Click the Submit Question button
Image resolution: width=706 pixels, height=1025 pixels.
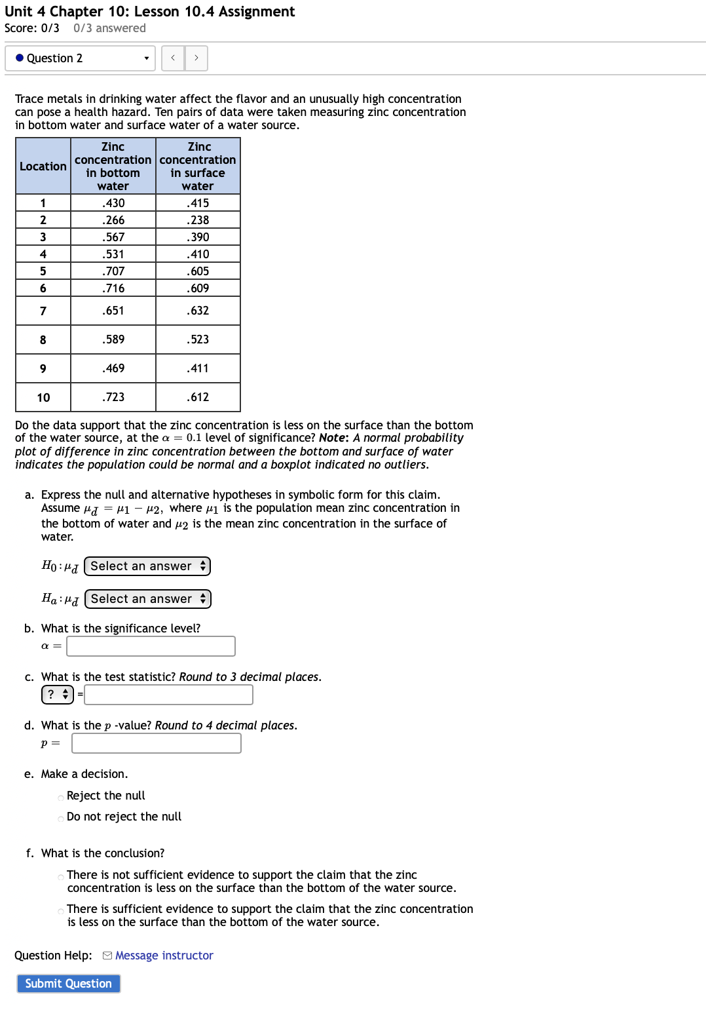tap(68, 983)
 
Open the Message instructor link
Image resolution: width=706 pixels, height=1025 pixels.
tap(164, 956)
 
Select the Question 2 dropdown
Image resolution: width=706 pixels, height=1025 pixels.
tap(80, 58)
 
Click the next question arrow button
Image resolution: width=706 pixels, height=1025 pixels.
tap(196, 58)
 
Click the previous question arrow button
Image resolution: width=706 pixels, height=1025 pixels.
tap(173, 58)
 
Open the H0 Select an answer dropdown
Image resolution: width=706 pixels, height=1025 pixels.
tap(147, 566)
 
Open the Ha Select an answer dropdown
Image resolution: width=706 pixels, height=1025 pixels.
tap(148, 599)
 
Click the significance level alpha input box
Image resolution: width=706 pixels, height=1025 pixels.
tap(151, 646)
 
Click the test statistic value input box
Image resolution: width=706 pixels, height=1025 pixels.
tap(168, 695)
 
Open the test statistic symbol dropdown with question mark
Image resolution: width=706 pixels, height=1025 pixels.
tap(58, 695)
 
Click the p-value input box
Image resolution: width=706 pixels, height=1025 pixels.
tap(157, 743)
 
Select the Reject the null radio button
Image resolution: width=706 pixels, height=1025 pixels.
tap(61, 797)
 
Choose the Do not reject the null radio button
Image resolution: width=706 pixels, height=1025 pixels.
tap(61, 818)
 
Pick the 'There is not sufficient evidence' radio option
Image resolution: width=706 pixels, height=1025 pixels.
tap(61, 876)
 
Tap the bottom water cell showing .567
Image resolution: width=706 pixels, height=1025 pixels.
tap(113, 237)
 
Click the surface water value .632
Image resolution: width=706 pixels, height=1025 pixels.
tap(198, 311)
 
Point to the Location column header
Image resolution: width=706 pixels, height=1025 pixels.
tap(43, 166)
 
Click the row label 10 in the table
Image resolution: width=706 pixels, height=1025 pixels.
tap(43, 397)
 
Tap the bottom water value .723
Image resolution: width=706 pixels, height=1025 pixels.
tap(113, 397)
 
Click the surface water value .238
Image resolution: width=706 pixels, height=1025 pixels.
tap(198, 220)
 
